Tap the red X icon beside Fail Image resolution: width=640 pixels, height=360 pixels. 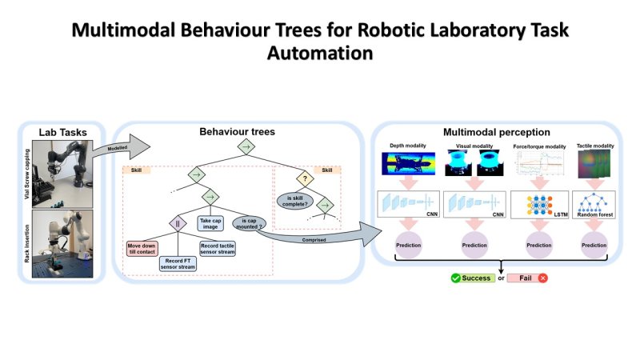click(x=543, y=278)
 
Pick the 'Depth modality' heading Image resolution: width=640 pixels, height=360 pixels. click(x=409, y=146)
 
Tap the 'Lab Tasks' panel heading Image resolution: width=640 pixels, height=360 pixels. click(x=62, y=132)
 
